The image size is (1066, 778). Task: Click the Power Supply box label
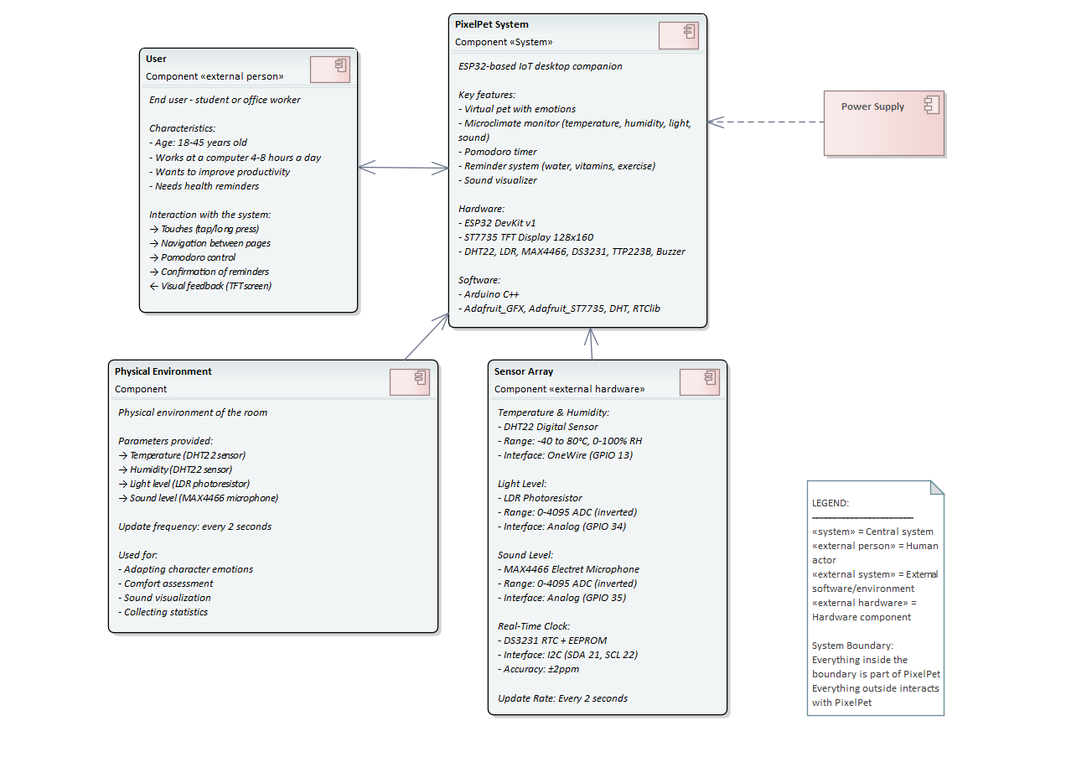pyautogui.click(x=872, y=106)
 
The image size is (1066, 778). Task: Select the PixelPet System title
pyautogui.click(x=492, y=24)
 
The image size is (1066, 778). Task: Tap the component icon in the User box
pyautogui.click(x=329, y=69)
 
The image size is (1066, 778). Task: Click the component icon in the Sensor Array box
pyautogui.click(x=699, y=381)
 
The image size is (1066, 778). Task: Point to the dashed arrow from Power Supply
pyautogui.click(x=766, y=122)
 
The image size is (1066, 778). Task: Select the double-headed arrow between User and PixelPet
pyautogui.click(x=403, y=169)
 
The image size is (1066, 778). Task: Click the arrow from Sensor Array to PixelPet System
pyautogui.click(x=591, y=344)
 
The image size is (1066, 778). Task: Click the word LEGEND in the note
pyautogui.click(x=830, y=503)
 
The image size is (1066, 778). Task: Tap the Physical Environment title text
pyautogui.click(x=163, y=371)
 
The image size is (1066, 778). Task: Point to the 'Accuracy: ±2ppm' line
pyautogui.click(x=538, y=669)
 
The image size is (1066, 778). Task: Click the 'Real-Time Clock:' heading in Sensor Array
pyautogui.click(x=533, y=626)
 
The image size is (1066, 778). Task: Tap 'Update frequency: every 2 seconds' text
pyautogui.click(x=194, y=526)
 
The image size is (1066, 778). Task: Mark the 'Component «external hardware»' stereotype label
pyautogui.click(x=569, y=389)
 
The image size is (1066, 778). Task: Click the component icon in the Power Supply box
pyautogui.click(x=930, y=105)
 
